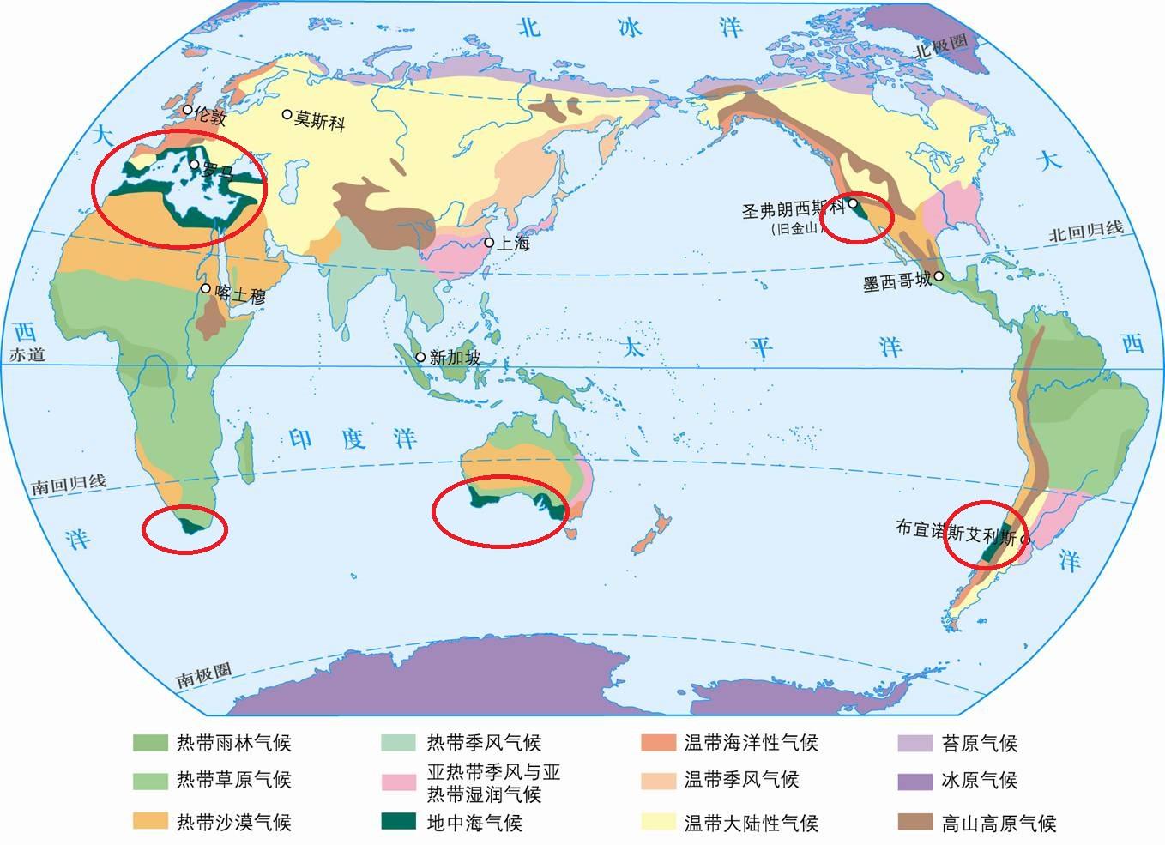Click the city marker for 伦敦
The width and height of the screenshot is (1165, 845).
(188, 110)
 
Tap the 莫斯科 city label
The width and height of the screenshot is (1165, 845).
(320, 120)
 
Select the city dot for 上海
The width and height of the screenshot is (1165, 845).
(490, 243)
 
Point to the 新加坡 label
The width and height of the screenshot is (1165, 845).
(455, 358)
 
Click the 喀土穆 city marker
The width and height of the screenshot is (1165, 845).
(206, 288)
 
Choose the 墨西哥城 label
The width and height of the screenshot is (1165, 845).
(896, 281)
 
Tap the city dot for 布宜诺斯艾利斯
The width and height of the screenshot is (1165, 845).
(1024, 540)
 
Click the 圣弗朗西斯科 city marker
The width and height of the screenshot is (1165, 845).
(854, 204)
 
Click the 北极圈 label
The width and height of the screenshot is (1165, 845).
(940, 45)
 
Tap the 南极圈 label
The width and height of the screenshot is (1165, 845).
(204, 676)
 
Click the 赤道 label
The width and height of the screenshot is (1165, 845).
(27, 354)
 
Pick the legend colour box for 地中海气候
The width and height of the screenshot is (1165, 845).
(398, 821)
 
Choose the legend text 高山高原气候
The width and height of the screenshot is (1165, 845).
(999, 824)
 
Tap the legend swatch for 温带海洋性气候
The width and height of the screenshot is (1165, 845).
(658, 742)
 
